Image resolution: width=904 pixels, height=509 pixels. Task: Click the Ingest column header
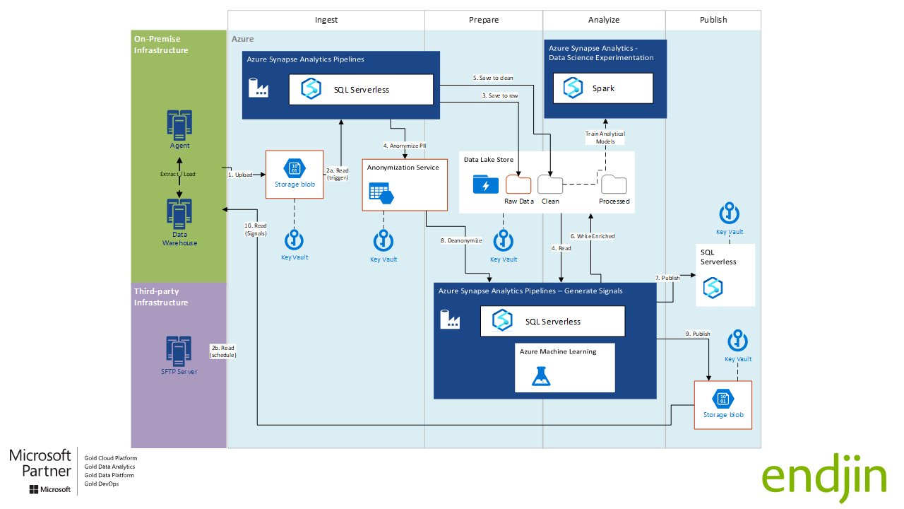(x=326, y=20)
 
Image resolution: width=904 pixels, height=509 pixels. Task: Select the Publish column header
(x=713, y=20)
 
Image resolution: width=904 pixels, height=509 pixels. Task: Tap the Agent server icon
(x=179, y=123)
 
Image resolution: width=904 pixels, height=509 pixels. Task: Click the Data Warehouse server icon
(x=179, y=212)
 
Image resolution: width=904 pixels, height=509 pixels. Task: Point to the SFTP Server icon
(x=179, y=350)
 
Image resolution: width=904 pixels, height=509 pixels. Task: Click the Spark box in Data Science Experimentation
(x=602, y=88)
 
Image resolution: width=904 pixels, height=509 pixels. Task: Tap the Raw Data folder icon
(x=518, y=185)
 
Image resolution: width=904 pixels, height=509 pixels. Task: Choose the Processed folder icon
(x=614, y=185)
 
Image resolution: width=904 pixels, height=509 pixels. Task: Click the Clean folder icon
(x=550, y=185)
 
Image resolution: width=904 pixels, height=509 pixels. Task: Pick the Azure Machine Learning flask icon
(x=541, y=376)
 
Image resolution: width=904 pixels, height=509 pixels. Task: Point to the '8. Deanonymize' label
(x=461, y=240)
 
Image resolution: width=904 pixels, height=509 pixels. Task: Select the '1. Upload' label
(x=240, y=175)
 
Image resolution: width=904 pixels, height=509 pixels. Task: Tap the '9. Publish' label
(x=697, y=334)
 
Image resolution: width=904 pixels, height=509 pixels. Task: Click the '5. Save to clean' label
(x=493, y=78)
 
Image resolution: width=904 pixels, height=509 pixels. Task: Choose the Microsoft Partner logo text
(x=40, y=464)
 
